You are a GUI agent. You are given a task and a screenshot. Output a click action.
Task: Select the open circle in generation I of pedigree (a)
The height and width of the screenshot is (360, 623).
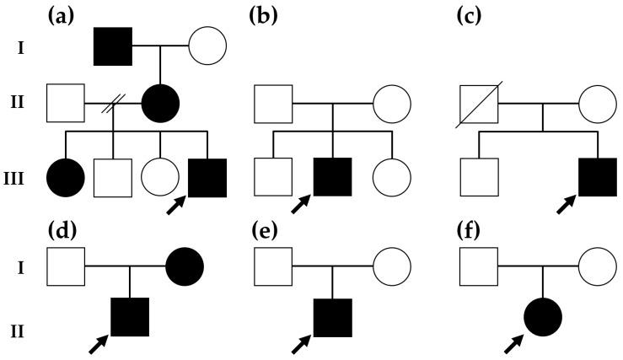pyautogui.click(x=207, y=47)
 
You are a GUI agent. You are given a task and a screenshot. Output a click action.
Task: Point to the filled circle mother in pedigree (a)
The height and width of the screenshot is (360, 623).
pyautogui.click(x=160, y=104)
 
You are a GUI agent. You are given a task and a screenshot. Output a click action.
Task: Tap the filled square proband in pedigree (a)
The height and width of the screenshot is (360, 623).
pyautogui.click(x=207, y=177)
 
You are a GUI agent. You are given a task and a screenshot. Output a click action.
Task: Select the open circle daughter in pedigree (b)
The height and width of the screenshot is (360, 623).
pyautogui.click(x=392, y=177)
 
